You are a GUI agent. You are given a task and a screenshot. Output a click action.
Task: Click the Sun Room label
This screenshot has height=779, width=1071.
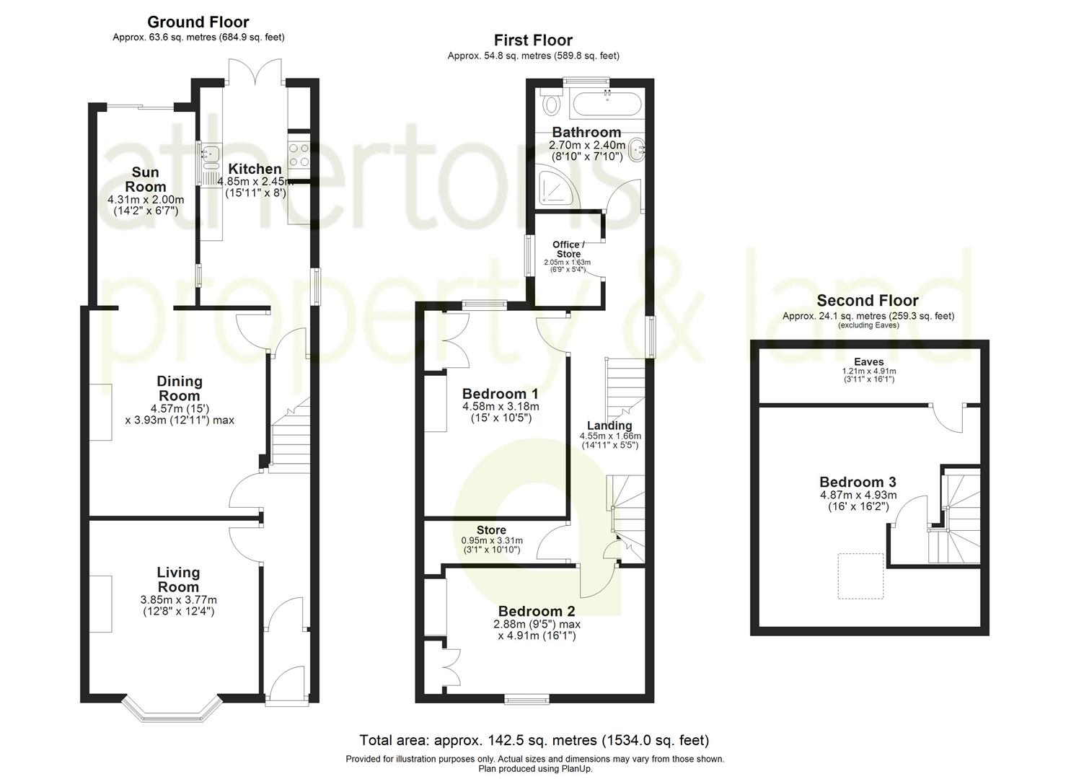click(x=145, y=180)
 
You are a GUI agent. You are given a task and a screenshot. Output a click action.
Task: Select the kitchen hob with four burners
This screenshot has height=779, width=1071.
click(x=298, y=154)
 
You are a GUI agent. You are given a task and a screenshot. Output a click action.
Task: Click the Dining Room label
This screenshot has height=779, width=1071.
click(x=180, y=388)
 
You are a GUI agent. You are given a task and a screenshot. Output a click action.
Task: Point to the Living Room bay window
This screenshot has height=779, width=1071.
click(x=170, y=710)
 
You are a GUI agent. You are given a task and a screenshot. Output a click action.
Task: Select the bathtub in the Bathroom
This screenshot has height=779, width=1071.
click(x=604, y=105)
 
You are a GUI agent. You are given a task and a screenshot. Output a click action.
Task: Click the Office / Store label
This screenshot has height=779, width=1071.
click(x=568, y=249)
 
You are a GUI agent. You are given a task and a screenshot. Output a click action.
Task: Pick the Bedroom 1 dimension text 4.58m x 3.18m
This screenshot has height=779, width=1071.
click(x=501, y=406)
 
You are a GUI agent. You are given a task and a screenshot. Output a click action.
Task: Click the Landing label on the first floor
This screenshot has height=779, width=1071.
click(x=609, y=426)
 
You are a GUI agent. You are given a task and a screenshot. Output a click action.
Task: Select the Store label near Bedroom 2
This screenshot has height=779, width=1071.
click(x=491, y=530)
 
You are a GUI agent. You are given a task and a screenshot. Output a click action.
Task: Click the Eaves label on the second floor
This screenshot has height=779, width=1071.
click(x=868, y=362)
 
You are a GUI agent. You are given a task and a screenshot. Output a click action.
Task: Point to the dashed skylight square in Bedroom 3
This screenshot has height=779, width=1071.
click(x=860, y=576)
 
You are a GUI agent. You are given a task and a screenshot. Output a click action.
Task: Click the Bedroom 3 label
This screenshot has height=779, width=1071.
click(x=858, y=483)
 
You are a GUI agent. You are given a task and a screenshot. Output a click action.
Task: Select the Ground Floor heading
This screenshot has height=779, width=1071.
click(x=198, y=22)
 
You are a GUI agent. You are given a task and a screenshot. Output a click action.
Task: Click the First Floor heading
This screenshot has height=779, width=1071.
click(x=533, y=40)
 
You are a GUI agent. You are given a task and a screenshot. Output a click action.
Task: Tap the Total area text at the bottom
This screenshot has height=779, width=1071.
click(x=534, y=740)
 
